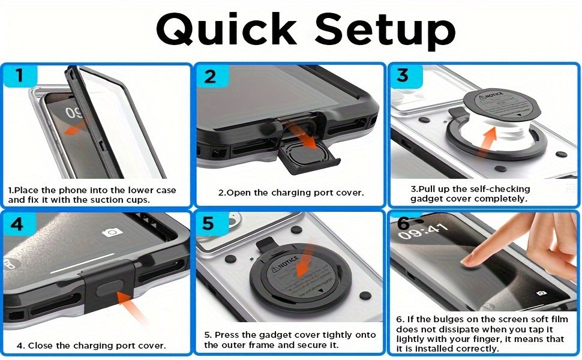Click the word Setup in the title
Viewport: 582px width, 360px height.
385,31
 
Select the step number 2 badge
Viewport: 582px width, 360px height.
211,76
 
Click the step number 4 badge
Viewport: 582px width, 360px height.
17,224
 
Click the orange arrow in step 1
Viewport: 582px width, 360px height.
76,128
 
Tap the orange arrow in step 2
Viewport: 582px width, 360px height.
304,137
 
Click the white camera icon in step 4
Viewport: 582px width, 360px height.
112,232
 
